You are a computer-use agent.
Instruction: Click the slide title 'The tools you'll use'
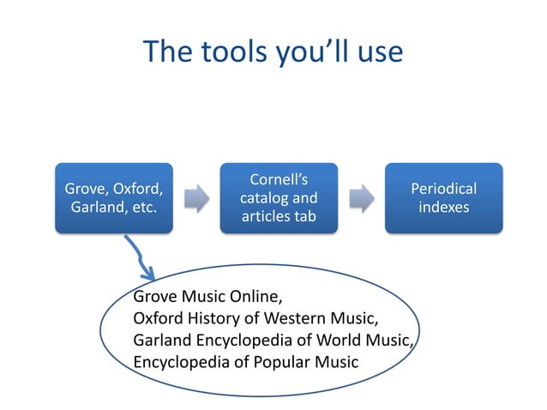(273, 52)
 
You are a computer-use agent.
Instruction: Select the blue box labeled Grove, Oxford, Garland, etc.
(113, 198)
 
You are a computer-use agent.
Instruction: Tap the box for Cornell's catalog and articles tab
(278, 198)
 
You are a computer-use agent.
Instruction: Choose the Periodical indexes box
(442, 198)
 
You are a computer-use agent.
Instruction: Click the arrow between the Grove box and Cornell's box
(196, 197)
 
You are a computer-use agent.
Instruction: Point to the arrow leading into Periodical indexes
(361, 197)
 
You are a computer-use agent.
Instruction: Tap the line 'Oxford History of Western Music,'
(249, 318)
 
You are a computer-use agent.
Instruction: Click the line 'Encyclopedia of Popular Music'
(246, 360)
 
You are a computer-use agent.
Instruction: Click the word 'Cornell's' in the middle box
(279, 180)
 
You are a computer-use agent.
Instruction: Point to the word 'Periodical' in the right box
(443, 189)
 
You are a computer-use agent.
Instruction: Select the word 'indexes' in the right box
(443, 208)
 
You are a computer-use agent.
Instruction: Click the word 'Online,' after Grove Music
(255, 298)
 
